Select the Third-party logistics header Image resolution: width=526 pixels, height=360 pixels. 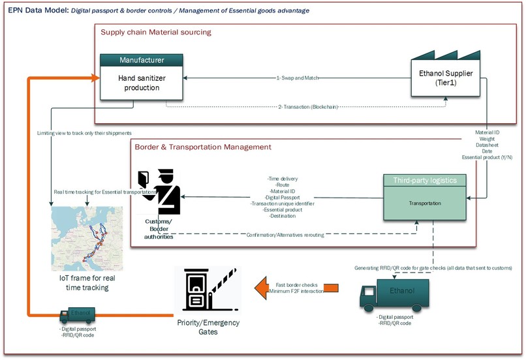[x=429, y=180]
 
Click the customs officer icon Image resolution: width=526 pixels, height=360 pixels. [x=160, y=192]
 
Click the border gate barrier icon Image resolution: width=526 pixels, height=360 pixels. [x=206, y=290]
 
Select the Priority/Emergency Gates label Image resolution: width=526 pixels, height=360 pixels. [x=208, y=327]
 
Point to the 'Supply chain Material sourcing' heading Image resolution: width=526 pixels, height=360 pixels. [x=155, y=32]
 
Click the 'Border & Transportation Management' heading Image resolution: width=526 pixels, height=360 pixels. [x=202, y=147]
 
